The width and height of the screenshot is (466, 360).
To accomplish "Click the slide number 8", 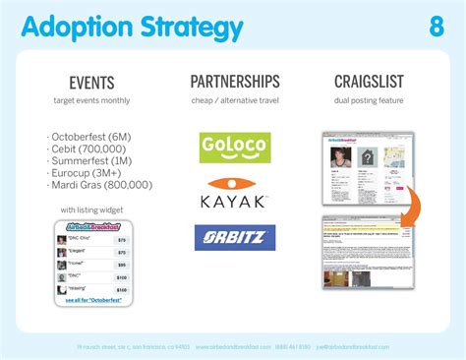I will click(437, 27).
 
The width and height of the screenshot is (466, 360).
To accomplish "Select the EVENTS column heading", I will click(91, 83).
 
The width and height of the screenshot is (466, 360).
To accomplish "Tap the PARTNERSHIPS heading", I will click(235, 82).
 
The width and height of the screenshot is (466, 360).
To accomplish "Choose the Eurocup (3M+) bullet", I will click(88, 171).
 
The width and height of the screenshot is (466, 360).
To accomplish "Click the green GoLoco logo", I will click(235, 148).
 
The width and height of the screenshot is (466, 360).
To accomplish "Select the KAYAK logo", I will click(235, 194).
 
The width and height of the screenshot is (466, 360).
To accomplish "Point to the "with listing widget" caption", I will click(92, 210).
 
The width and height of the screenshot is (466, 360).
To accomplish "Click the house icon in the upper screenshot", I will click(366, 157).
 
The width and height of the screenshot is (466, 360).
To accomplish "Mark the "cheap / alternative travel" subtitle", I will click(235, 100).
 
